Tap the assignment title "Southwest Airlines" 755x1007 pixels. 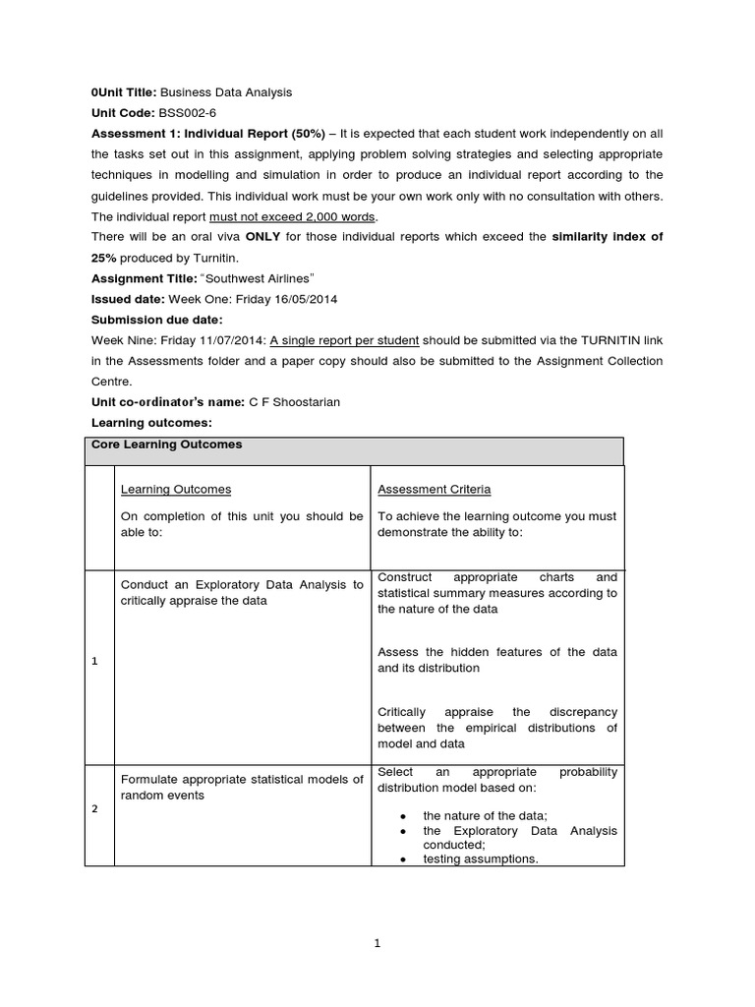(x=258, y=278)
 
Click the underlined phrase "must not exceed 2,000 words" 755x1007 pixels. (x=293, y=216)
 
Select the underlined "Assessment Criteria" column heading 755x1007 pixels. (x=434, y=489)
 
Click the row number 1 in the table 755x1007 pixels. (x=94, y=661)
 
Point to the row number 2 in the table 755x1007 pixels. (x=94, y=808)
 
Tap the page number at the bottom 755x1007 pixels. (x=377, y=943)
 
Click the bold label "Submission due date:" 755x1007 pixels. (x=157, y=320)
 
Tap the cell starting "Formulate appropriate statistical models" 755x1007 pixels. (x=241, y=787)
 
